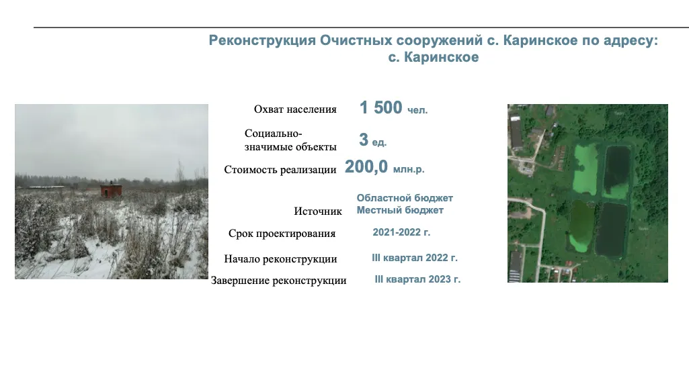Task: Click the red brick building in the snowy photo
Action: (x=111, y=191)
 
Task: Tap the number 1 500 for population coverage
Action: (x=381, y=108)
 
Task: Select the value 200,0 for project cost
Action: (x=366, y=167)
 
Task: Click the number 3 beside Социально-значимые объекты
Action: (x=364, y=140)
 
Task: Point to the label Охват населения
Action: (x=295, y=109)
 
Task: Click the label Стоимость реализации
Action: (x=280, y=170)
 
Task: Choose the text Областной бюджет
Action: (x=405, y=198)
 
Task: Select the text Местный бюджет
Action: (x=400, y=210)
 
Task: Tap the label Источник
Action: (x=318, y=211)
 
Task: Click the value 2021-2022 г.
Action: (x=401, y=232)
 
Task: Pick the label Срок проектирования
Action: (x=282, y=234)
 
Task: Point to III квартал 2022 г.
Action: (x=415, y=258)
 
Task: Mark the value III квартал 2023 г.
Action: (x=417, y=279)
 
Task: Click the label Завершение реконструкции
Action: (x=278, y=281)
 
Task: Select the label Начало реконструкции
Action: (x=280, y=259)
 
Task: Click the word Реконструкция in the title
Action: (x=262, y=40)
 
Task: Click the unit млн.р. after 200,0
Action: (x=409, y=169)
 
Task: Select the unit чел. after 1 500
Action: (x=417, y=110)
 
